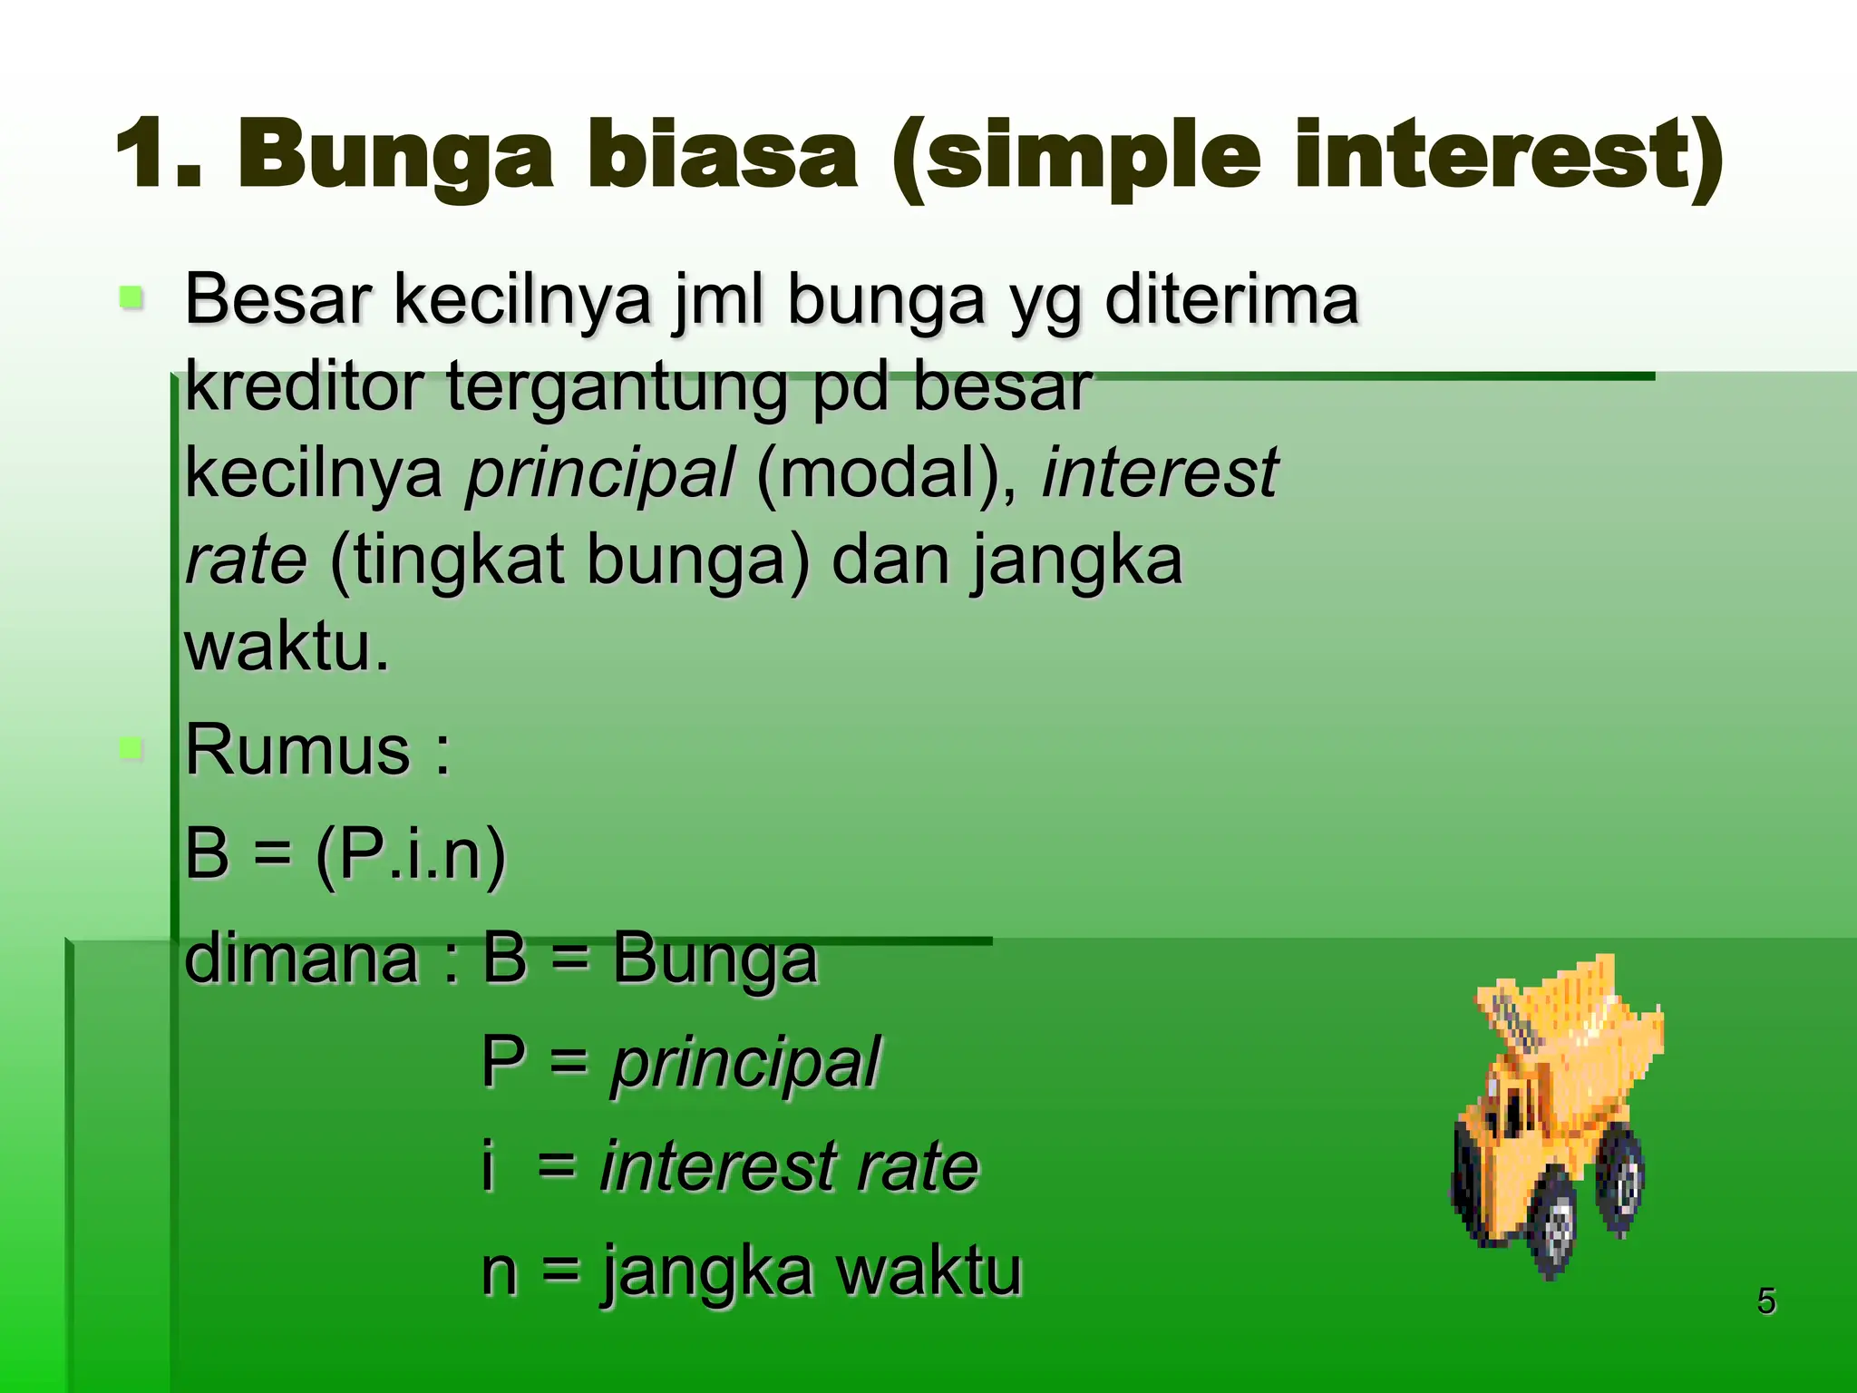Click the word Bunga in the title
tap(394, 157)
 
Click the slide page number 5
tap(1766, 1301)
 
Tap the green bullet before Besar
tap(131, 297)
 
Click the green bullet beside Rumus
tap(131, 748)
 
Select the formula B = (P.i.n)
tap(345, 853)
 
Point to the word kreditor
tap(304, 386)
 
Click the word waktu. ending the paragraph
tap(287, 647)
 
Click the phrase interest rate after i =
tap(789, 1166)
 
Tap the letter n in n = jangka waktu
tap(499, 1271)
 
